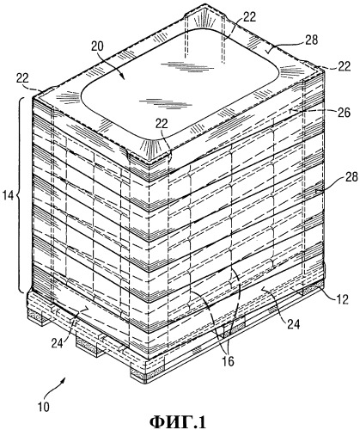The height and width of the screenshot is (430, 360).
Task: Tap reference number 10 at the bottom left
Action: click(x=44, y=407)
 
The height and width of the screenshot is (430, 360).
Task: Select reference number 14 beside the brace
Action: click(x=8, y=196)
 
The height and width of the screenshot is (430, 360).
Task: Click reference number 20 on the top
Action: click(x=98, y=46)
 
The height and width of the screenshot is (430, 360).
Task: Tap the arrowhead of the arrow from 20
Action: click(x=122, y=77)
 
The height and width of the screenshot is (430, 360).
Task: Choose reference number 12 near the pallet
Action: click(x=342, y=299)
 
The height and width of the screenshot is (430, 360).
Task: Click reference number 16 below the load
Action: click(x=228, y=361)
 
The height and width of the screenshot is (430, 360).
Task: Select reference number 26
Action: click(x=344, y=113)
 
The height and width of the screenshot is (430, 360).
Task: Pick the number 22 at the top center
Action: click(x=249, y=18)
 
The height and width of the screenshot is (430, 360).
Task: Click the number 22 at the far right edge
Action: click(x=344, y=66)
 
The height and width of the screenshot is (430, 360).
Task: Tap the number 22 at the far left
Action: click(x=23, y=77)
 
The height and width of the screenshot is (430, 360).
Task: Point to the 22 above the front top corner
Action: click(x=162, y=123)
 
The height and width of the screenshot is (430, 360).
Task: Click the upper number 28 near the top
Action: click(x=312, y=40)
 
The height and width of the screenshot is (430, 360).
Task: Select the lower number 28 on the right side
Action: click(x=351, y=177)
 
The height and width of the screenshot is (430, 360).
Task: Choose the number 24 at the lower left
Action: click(x=58, y=343)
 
